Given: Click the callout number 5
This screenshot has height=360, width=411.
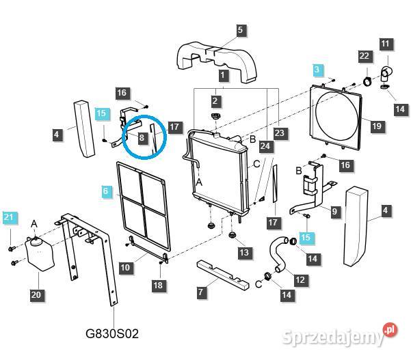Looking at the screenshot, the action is [x=240, y=30].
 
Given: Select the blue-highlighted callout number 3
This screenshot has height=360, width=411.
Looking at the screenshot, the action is [x=317, y=70].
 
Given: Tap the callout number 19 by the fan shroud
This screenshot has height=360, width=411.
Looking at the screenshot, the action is [x=377, y=126].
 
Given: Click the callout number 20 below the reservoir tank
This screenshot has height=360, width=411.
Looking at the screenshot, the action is [x=36, y=295].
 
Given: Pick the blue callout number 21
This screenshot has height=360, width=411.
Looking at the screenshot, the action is [x=9, y=217].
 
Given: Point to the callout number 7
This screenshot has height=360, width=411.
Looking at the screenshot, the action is [x=200, y=292].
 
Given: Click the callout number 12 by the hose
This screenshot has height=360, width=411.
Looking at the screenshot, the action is [x=300, y=279].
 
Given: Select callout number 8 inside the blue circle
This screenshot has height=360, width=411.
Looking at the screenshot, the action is [x=142, y=137].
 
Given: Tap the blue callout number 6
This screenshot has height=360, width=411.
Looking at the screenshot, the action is [x=105, y=191].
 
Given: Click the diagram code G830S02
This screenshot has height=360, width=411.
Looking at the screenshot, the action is [x=112, y=334].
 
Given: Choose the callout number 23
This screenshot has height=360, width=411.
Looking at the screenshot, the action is [x=280, y=133].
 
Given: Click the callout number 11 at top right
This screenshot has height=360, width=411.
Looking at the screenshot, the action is [x=385, y=44].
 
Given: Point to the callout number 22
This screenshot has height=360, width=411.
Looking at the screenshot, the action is [x=364, y=56].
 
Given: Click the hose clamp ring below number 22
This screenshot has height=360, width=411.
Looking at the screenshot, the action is [x=367, y=81].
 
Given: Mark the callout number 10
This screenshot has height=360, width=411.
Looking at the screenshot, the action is [x=125, y=268].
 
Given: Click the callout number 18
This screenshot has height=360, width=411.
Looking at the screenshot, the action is [x=158, y=285].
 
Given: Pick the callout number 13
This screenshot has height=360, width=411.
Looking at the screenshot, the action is [x=244, y=252].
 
